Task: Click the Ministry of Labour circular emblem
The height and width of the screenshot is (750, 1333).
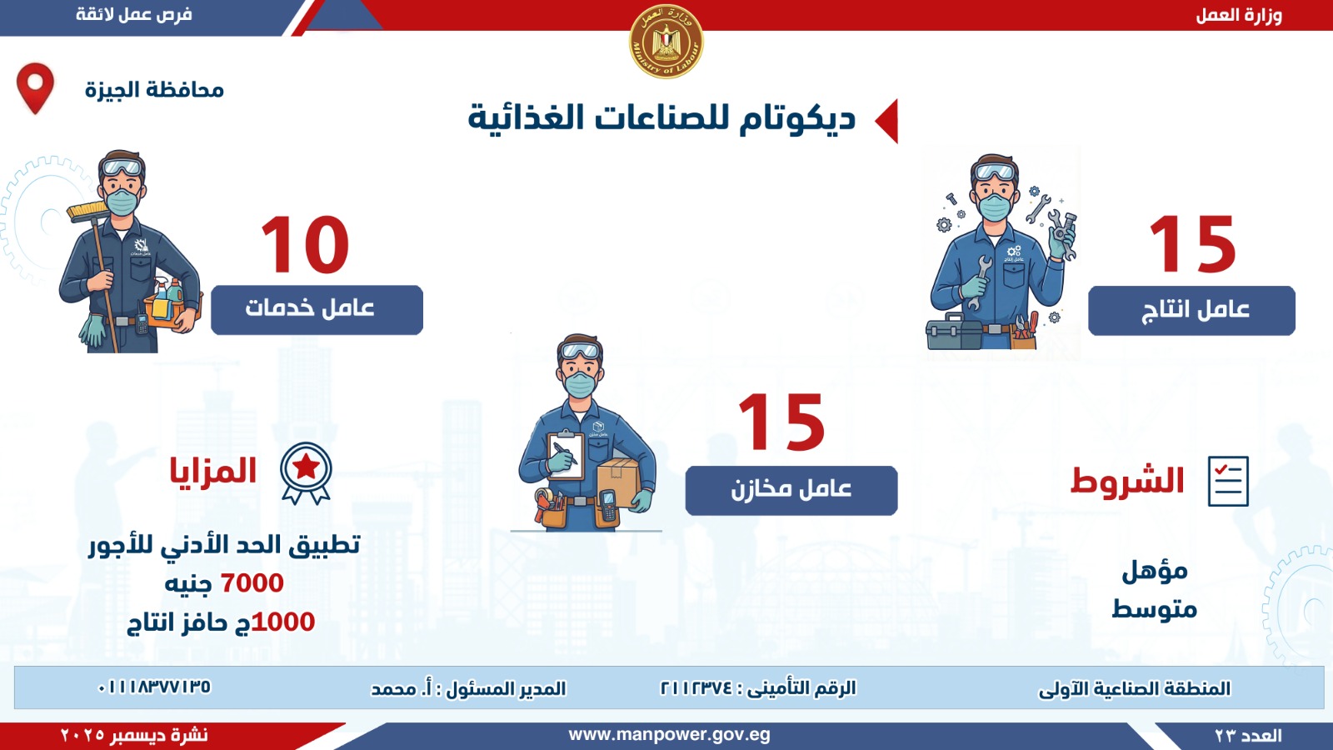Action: [666, 42]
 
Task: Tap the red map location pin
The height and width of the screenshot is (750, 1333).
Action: [35, 86]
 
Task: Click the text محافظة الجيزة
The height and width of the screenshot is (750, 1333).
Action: [154, 89]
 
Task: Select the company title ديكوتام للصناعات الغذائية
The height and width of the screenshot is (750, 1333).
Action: [662, 118]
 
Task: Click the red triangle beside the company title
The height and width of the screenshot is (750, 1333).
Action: [887, 121]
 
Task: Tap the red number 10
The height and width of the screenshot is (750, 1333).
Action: [305, 245]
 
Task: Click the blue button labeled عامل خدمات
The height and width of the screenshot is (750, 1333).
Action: [317, 309]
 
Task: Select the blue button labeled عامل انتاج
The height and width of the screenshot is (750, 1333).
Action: [1191, 311]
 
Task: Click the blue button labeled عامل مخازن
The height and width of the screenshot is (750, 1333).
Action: [791, 490]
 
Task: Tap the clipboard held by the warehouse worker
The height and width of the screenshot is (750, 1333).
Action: [564, 454]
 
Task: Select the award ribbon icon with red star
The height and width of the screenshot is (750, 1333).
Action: [306, 472]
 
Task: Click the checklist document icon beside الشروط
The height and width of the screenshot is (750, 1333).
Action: [1228, 481]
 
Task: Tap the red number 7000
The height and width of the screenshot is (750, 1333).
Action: [252, 583]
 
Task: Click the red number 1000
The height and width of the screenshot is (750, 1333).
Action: [283, 622]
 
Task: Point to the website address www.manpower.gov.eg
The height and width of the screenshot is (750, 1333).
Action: [669, 735]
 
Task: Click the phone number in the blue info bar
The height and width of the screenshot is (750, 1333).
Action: [154, 687]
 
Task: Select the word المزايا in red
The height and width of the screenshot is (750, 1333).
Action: [213, 472]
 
